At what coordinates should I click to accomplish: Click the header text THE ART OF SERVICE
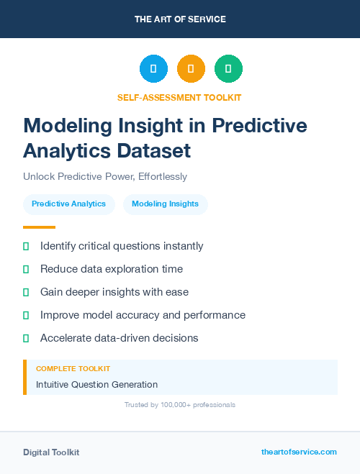(180, 19)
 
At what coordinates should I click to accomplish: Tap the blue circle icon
(153, 69)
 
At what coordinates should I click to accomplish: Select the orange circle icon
(191, 69)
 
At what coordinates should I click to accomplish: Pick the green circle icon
(228, 69)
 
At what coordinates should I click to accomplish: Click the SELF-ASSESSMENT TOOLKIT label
(179, 97)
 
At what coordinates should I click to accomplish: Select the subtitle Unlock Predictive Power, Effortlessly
(105, 176)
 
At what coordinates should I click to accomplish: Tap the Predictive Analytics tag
(68, 204)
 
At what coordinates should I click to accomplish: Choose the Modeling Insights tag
(165, 204)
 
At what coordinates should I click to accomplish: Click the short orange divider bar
(34, 227)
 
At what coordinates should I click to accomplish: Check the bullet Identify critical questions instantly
(122, 246)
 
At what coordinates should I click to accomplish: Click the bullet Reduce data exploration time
(112, 269)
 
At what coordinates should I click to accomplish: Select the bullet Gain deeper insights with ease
(114, 292)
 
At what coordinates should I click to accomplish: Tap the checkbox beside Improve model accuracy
(26, 315)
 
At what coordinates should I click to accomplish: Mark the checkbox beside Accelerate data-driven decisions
(26, 338)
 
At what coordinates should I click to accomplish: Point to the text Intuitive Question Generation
(96, 385)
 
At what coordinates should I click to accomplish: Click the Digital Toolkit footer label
(51, 452)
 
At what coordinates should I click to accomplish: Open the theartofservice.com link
(299, 452)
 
